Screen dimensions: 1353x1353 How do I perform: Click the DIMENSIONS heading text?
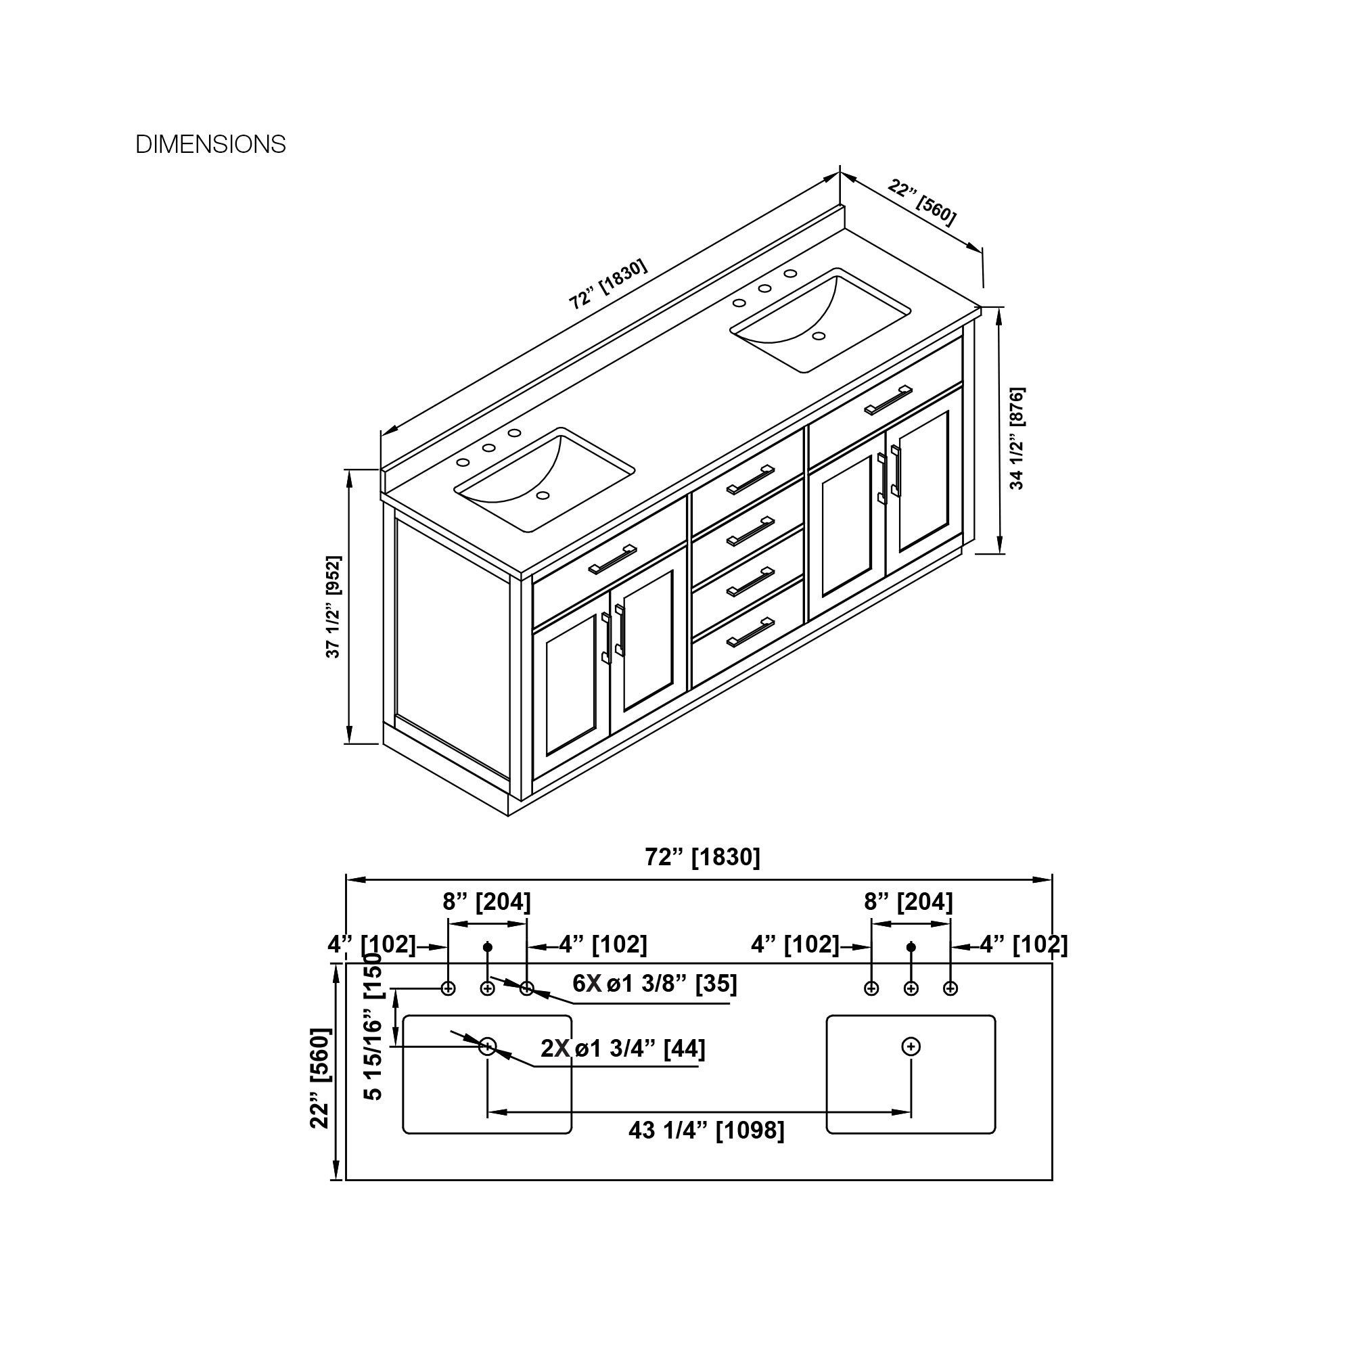[210, 144]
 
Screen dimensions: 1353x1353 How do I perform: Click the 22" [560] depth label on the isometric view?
[921, 203]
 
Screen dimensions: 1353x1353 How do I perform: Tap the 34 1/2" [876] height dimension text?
[1017, 438]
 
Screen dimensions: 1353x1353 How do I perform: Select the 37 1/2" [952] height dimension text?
[334, 606]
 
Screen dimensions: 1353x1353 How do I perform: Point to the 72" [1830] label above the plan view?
[702, 856]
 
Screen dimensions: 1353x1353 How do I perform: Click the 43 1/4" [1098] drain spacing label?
[706, 1130]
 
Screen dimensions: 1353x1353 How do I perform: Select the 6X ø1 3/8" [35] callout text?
[655, 983]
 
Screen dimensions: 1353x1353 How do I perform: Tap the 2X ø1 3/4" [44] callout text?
[622, 1049]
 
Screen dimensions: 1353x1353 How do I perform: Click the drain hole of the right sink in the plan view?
[911, 1047]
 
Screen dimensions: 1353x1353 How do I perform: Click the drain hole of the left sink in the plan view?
[487, 1047]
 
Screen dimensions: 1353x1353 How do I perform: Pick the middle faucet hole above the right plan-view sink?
[911, 988]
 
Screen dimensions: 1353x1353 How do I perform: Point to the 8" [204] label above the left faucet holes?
[486, 901]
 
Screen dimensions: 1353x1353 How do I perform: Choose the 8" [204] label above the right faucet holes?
[909, 901]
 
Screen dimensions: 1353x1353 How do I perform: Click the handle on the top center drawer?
[750, 480]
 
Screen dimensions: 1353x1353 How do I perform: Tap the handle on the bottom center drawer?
[750, 632]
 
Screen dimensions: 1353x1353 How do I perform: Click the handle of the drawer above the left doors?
[612, 559]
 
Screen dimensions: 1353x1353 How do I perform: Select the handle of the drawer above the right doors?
[888, 400]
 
